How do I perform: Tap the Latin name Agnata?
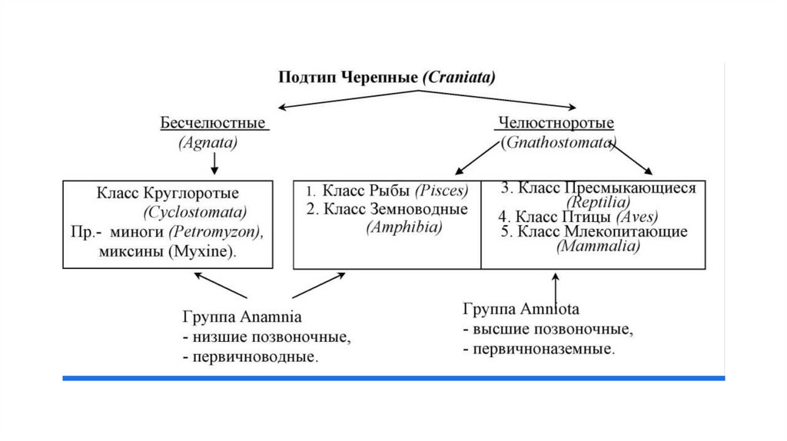point(208,142)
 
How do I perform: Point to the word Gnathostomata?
point(559,143)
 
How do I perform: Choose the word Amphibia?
point(404,227)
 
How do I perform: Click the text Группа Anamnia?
point(242,317)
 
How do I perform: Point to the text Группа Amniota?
point(520,309)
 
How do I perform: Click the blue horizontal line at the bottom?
point(393,378)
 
